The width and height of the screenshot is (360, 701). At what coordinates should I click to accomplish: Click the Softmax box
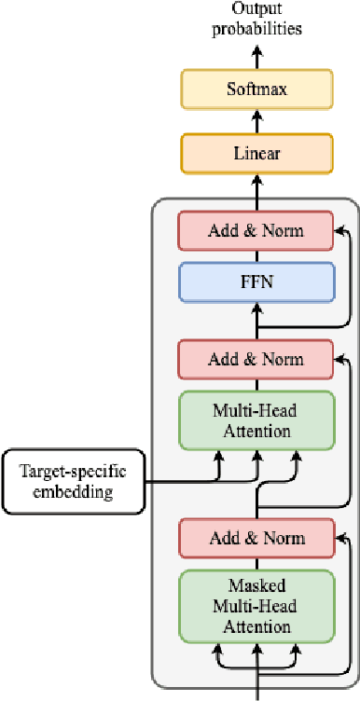coord(256,89)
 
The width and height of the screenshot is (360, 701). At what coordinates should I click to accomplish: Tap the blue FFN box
coord(256,282)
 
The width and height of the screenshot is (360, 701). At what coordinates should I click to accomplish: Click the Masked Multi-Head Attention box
coord(256,607)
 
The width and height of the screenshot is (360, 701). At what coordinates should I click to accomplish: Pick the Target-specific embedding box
coord(73,481)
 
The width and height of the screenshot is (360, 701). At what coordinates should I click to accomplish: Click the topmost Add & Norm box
coord(256,229)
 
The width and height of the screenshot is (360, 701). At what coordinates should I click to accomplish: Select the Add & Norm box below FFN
coord(256,359)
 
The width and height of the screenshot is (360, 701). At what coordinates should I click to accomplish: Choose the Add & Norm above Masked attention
coord(256,539)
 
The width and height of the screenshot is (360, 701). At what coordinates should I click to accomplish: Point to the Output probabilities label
coord(256,19)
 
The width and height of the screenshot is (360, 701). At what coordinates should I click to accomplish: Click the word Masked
coord(256,587)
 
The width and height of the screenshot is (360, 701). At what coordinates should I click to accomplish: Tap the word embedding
coord(73,491)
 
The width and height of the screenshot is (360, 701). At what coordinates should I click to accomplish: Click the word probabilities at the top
coord(256,28)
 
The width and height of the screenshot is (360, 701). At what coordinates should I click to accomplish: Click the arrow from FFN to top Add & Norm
coord(256,254)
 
